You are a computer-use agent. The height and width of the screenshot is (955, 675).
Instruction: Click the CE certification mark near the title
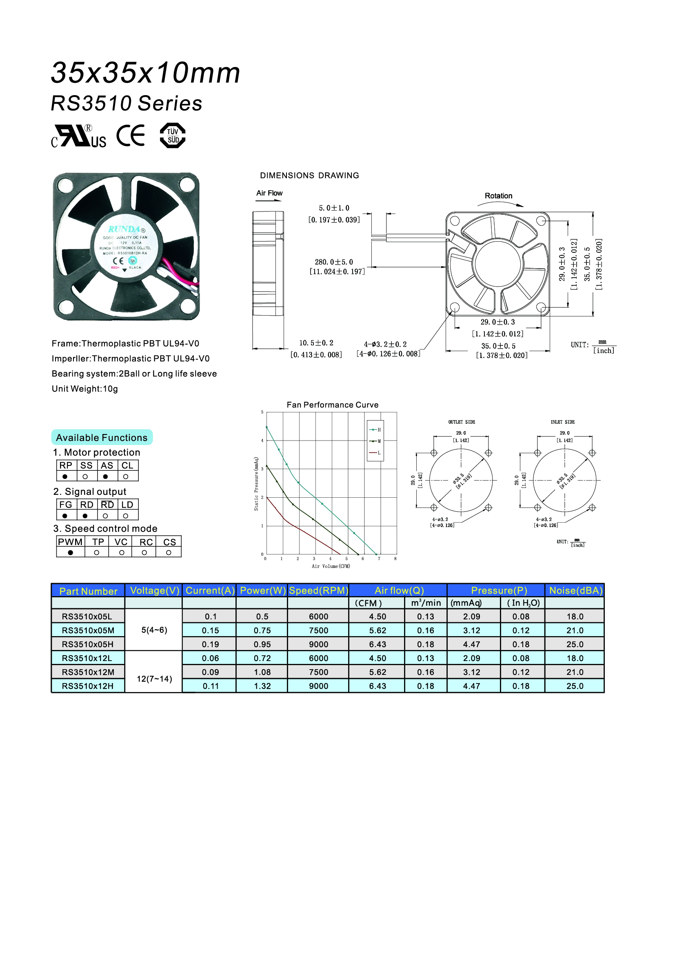(131, 136)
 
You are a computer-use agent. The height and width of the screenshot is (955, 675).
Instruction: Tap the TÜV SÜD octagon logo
(173, 136)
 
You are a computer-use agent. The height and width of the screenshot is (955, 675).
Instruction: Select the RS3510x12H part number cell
(88, 686)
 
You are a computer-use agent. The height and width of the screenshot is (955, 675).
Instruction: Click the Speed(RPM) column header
(318, 590)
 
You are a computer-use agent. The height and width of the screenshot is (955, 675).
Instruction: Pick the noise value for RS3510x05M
(575, 630)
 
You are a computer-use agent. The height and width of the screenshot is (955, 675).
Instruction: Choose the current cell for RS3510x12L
(210, 658)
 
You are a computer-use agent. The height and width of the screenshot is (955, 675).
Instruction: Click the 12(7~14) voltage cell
(154, 679)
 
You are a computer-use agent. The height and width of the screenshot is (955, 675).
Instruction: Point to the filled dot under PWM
(71, 552)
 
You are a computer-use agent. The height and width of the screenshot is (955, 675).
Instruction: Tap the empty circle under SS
(85, 476)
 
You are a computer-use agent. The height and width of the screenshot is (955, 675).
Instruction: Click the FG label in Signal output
(66, 505)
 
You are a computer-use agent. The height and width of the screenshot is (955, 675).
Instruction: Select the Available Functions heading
(102, 438)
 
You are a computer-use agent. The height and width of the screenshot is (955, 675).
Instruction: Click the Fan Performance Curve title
(333, 405)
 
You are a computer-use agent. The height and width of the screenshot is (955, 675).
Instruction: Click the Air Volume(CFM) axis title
(331, 566)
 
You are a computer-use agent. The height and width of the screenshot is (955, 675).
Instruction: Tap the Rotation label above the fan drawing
(498, 196)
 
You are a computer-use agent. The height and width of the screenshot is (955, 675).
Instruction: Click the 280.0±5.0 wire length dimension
(334, 262)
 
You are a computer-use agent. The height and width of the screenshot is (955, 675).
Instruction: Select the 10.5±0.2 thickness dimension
(316, 343)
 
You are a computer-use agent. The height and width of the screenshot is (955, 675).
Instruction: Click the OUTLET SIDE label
(462, 422)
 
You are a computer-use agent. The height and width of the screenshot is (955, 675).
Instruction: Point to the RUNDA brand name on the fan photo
(124, 229)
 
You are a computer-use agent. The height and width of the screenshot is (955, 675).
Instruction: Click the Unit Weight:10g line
(85, 389)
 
